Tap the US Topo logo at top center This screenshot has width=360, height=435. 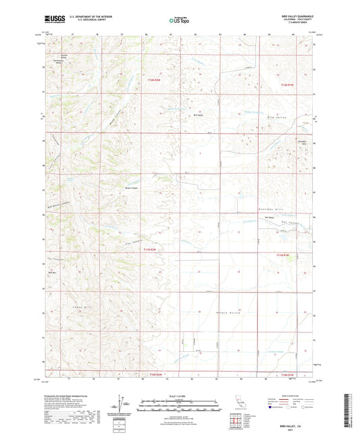(179, 20)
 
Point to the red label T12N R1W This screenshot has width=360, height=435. (288, 84)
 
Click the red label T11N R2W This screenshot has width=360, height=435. (153, 251)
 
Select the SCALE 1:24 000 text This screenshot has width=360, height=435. (179, 396)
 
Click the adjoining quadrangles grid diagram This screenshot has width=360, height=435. (236, 421)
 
